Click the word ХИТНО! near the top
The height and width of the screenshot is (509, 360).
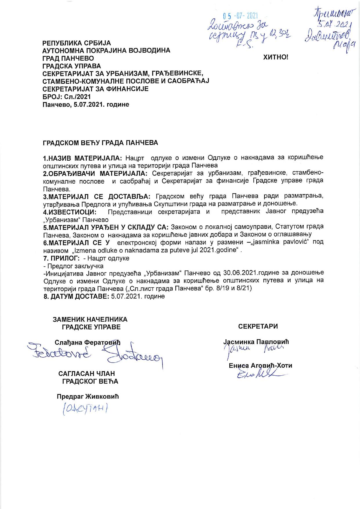276,57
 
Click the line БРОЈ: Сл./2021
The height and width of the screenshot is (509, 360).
66,97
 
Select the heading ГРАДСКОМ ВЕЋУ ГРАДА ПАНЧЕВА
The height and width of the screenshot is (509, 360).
100,143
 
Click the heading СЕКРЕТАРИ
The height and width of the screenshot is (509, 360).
258,326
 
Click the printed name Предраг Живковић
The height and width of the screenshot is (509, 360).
88,397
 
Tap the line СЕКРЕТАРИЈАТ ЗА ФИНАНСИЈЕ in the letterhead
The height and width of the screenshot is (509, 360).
96,89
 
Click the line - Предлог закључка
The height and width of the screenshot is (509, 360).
73,266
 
